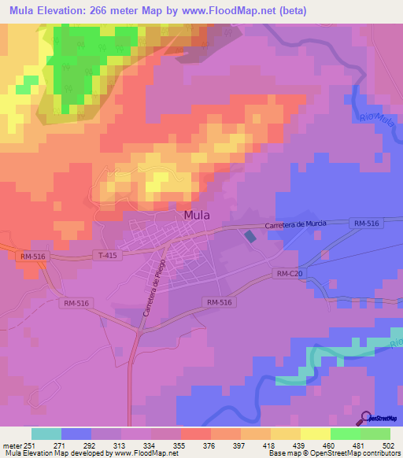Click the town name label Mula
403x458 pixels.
click(x=196, y=214)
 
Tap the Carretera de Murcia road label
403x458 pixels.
click(x=295, y=225)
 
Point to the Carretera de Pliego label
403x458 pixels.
click(x=153, y=288)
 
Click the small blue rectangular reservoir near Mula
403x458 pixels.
click(x=250, y=236)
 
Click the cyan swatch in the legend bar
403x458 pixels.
click(x=46, y=434)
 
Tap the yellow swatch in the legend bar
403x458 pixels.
click(x=316, y=434)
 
